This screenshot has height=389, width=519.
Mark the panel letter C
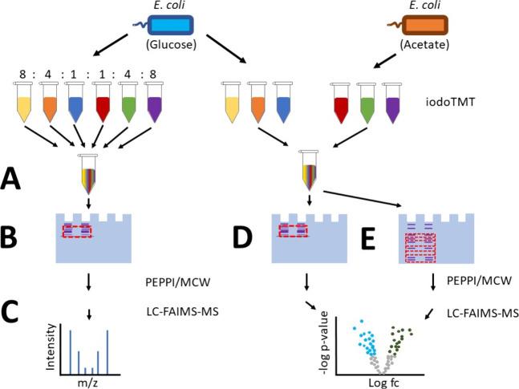click(x=22, y=308)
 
